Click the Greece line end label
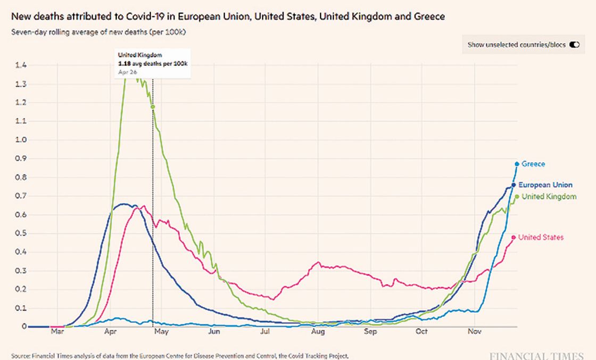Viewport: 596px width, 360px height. (x=533, y=164)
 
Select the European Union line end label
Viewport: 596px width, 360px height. (x=545, y=185)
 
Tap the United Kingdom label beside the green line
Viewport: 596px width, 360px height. (x=549, y=197)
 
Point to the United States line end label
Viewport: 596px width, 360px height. (x=541, y=237)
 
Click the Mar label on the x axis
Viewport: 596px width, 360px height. (x=57, y=332)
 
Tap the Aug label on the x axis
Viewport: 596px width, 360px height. (x=318, y=332)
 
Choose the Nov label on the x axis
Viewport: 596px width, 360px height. (x=475, y=332)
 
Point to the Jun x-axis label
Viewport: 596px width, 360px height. (x=214, y=332)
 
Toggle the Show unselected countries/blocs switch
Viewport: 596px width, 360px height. (x=574, y=45)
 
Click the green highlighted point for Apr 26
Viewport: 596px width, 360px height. (x=153, y=107)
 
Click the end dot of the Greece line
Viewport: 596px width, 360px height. (x=517, y=164)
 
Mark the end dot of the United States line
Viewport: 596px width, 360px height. (x=514, y=237)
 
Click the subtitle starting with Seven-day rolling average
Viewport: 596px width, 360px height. (x=98, y=32)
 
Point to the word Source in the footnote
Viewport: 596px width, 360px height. (x=20, y=355)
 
